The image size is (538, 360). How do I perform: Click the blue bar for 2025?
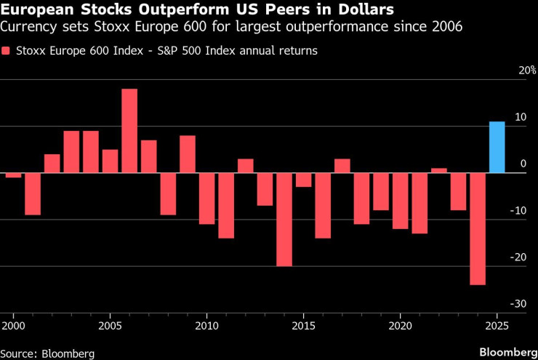coord(497,148)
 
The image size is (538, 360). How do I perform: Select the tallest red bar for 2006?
coord(129,131)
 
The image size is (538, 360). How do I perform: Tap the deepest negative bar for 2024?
coord(478,228)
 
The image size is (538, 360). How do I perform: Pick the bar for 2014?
coord(284,220)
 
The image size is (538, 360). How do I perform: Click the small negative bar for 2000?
coord(14,175)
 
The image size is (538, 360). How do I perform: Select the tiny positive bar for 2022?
coord(439,171)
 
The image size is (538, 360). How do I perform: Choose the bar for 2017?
coord(342,166)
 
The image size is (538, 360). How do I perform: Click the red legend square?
coord(7,52)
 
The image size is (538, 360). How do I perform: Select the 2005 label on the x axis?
coord(111,324)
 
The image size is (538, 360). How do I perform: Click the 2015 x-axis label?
coord(304,324)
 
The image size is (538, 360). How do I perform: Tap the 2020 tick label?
coord(401,324)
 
